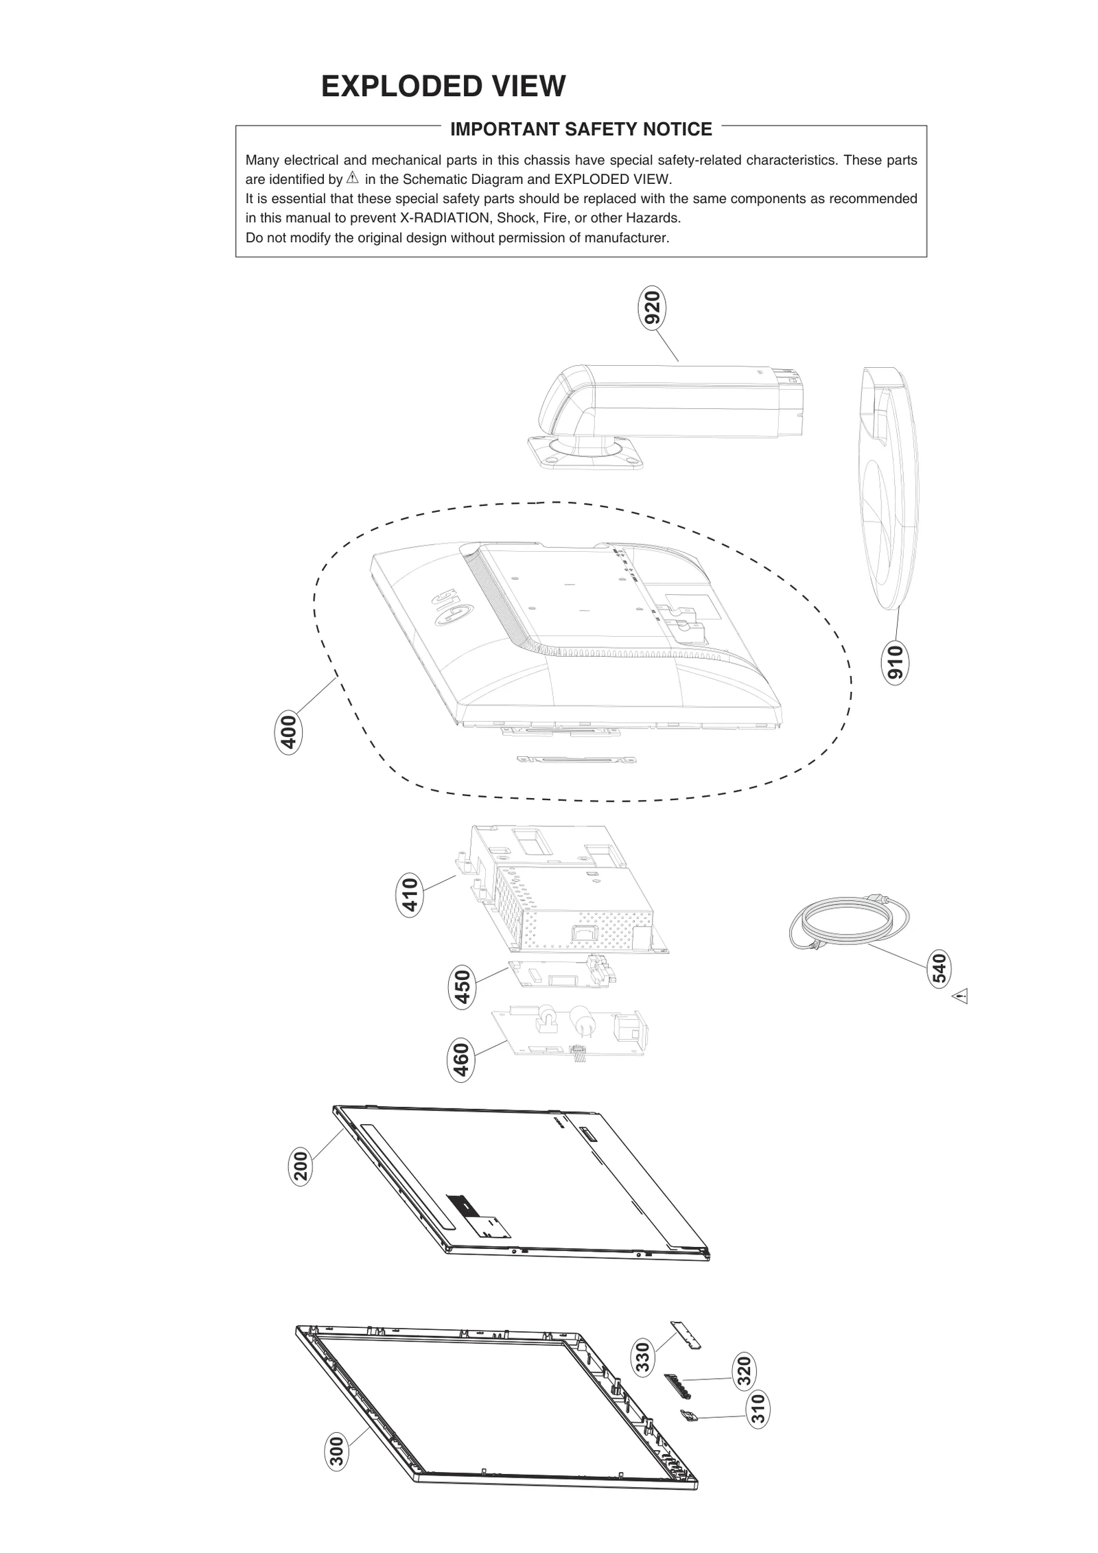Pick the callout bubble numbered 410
[x=410, y=895]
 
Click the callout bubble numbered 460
[x=462, y=1060]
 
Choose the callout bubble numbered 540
[x=939, y=968]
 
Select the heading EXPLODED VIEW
[x=443, y=86]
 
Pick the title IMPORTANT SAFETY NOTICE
[x=581, y=129]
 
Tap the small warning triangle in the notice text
[x=353, y=179]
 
